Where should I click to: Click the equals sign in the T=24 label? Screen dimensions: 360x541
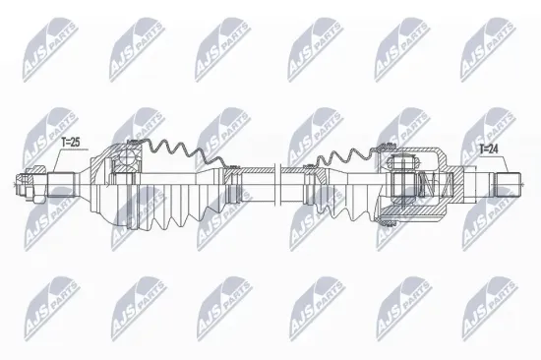(x=490, y=150)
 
